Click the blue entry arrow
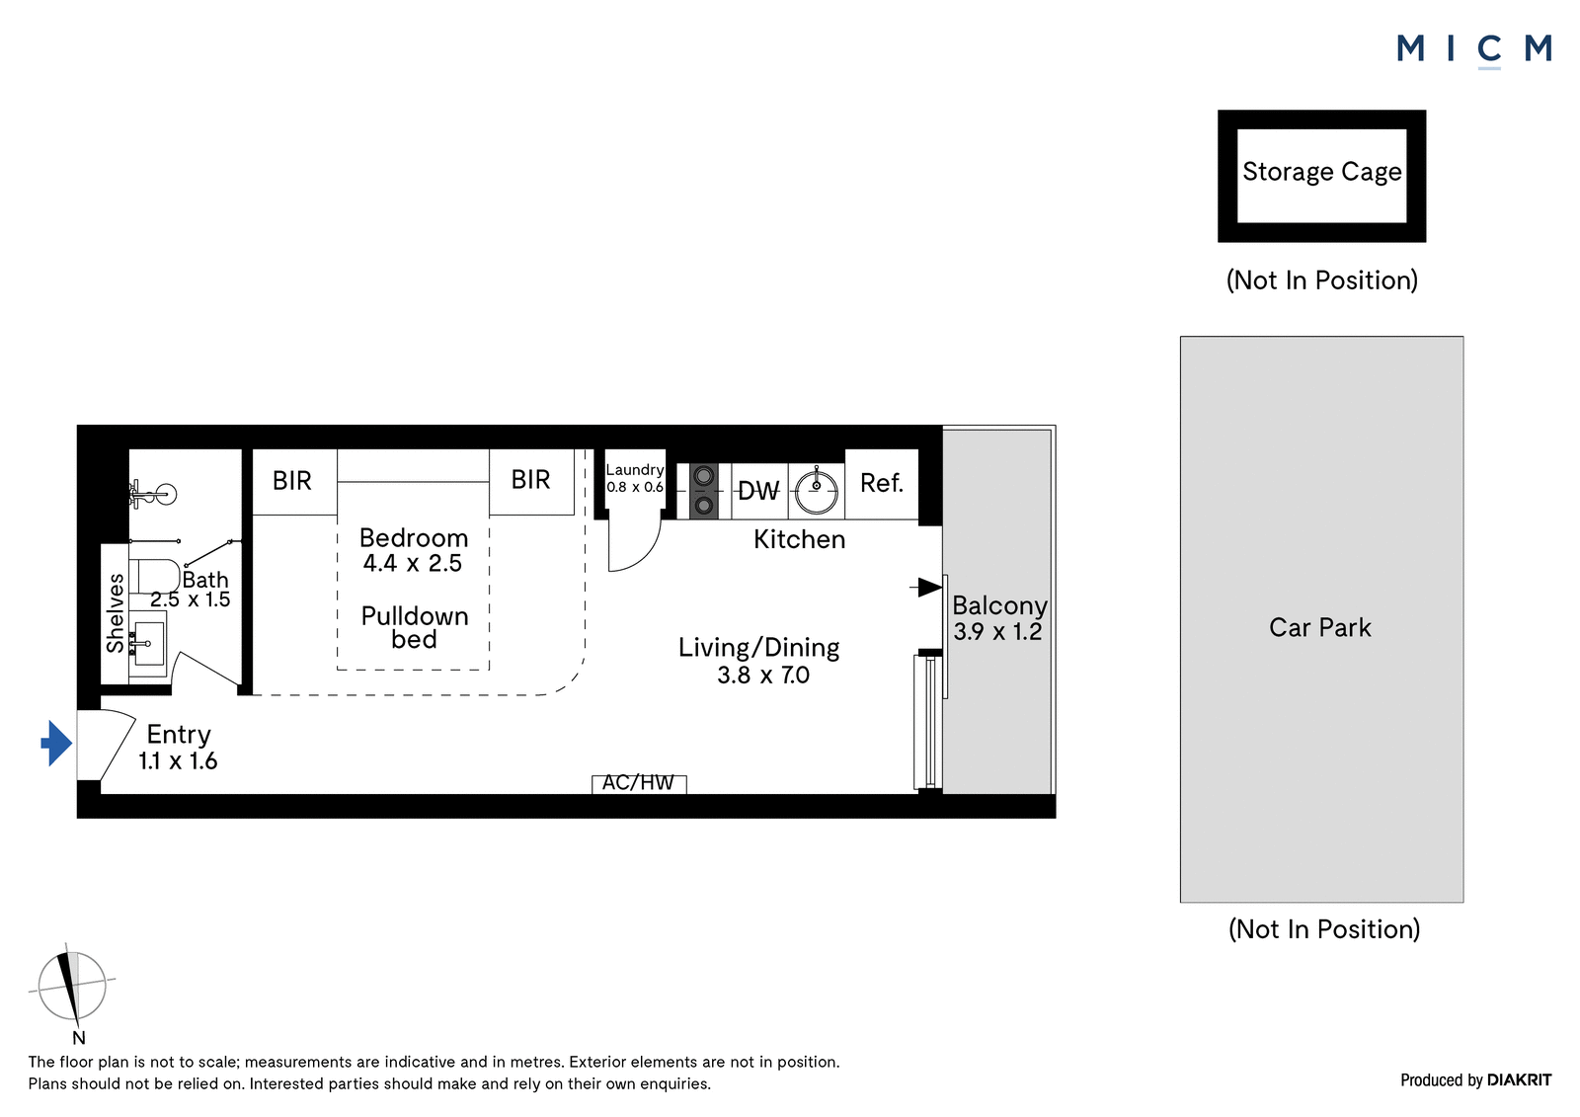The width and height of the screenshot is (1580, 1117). (x=56, y=743)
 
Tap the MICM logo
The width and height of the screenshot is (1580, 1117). (x=1474, y=50)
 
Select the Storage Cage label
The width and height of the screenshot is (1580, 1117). (x=1322, y=172)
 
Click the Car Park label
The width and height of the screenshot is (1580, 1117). (x=1319, y=627)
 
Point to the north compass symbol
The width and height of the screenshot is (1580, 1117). (x=71, y=987)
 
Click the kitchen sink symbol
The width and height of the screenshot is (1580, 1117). (x=816, y=491)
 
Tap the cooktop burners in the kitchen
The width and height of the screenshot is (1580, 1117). (x=703, y=491)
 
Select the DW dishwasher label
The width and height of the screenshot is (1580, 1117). (x=758, y=491)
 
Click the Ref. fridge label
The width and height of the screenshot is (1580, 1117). (x=882, y=483)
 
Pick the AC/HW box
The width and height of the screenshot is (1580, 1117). (x=638, y=783)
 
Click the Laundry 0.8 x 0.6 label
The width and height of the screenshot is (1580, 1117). (x=635, y=478)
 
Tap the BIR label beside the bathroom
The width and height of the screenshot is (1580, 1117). (x=292, y=481)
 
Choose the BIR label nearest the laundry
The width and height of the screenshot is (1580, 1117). (x=530, y=480)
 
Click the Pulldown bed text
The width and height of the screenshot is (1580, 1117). (x=414, y=627)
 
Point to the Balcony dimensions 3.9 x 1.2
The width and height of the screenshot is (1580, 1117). (x=997, y=631)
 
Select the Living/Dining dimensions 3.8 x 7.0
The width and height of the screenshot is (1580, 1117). (x=763, y=676)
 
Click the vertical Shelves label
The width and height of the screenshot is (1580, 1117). (x=115, y=613)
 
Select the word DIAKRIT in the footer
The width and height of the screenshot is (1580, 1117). (x=1519, y=1080)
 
